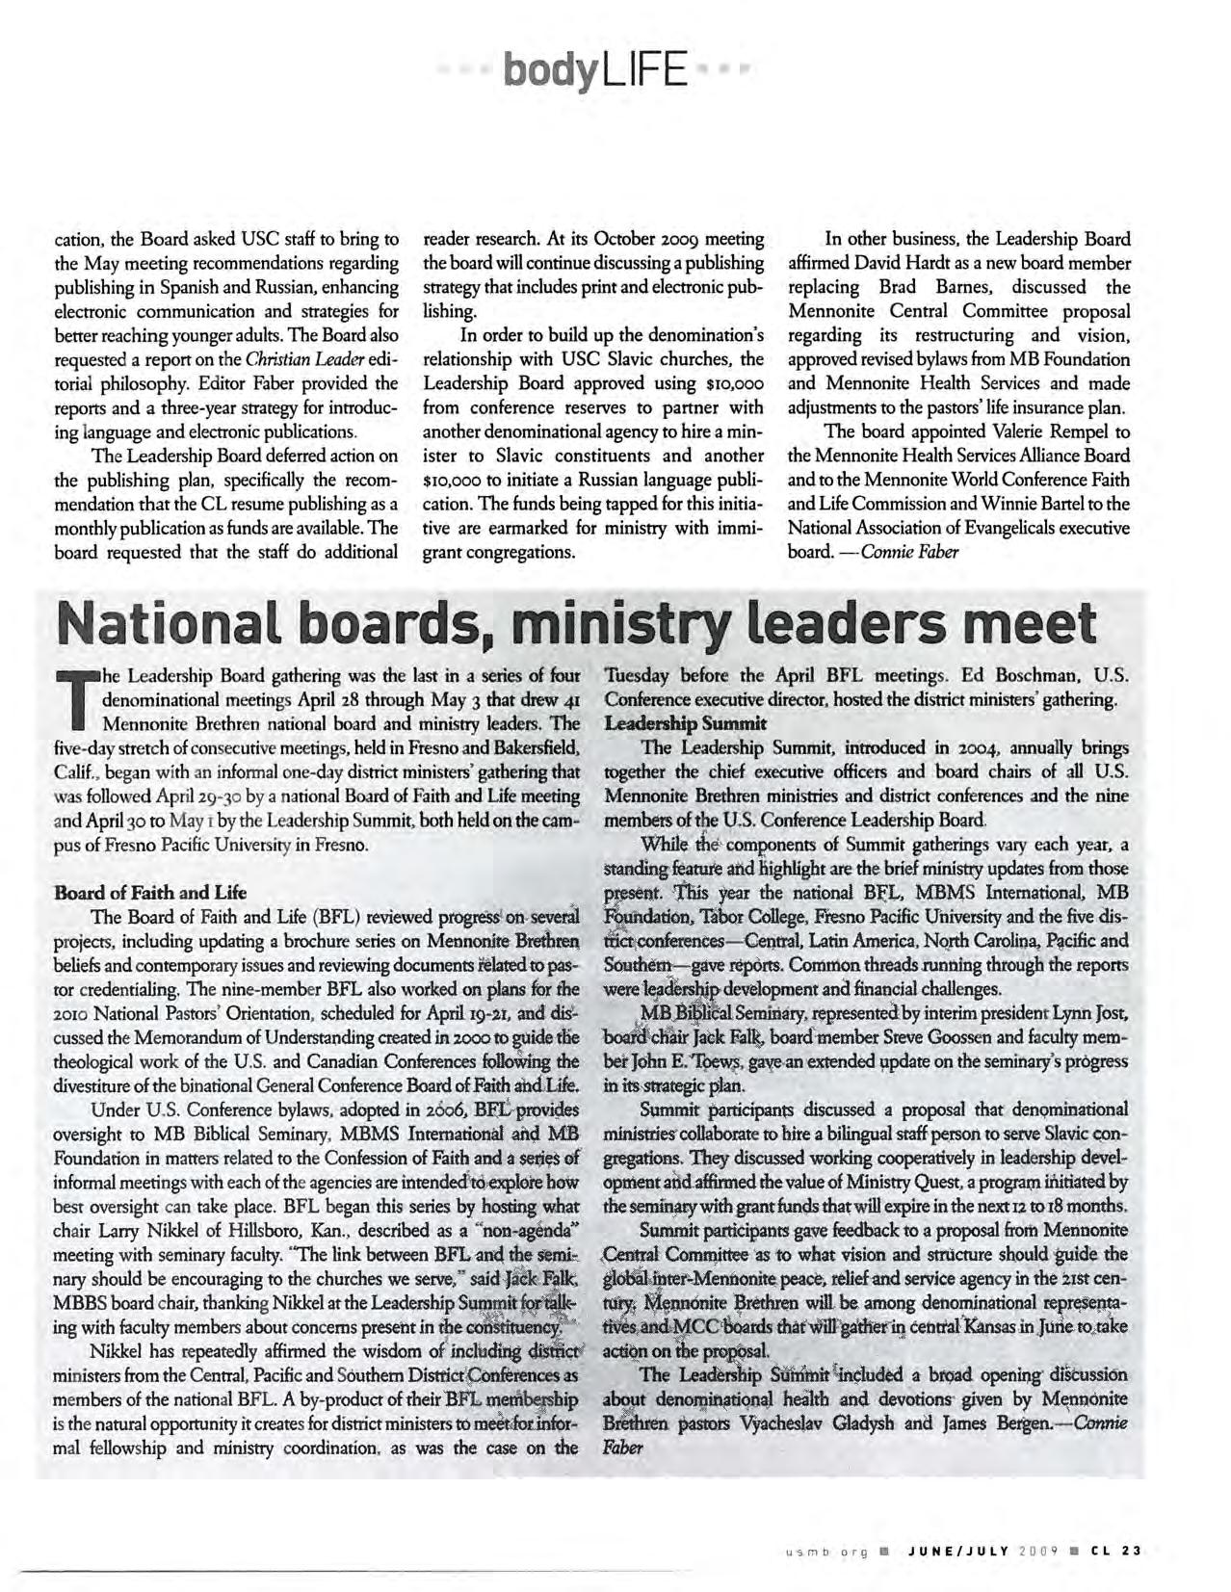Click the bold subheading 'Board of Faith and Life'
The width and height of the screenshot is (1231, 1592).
coord(150,892)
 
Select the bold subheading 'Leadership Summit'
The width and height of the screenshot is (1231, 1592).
coord(685,723)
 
